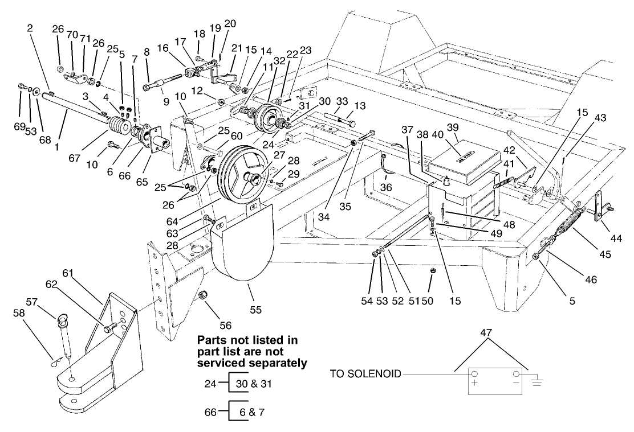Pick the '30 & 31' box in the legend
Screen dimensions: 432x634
click(251, 384)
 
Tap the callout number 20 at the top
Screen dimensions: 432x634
click(229, 23)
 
